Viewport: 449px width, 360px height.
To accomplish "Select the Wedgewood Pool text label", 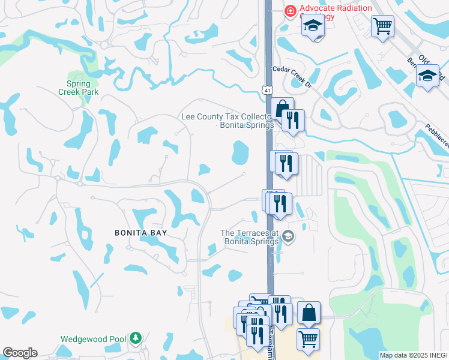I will (93, 339).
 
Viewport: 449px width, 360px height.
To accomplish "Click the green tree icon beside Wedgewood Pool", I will (136, 339).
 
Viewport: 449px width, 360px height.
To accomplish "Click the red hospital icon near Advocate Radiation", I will (290, 10).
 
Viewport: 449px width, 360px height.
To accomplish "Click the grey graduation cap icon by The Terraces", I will (288, 236).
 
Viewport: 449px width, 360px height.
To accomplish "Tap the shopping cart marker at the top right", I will (382, 26).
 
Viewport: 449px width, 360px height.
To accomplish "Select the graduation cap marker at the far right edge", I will (427, 76).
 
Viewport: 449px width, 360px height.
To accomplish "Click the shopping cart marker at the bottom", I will (308, 339).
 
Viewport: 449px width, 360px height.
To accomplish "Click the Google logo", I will (19, 353).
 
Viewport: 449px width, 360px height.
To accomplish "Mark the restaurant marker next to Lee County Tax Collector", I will (293, 120).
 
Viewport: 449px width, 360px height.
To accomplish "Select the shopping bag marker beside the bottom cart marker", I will (309, 313).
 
